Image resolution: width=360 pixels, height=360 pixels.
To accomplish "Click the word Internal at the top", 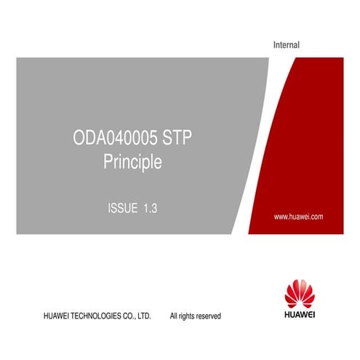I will click(x=286, y=46).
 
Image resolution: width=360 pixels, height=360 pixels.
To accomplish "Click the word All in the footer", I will click(x=174, y=316).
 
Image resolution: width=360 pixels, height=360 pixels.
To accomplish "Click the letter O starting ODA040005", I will click(x=79, y=137).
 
